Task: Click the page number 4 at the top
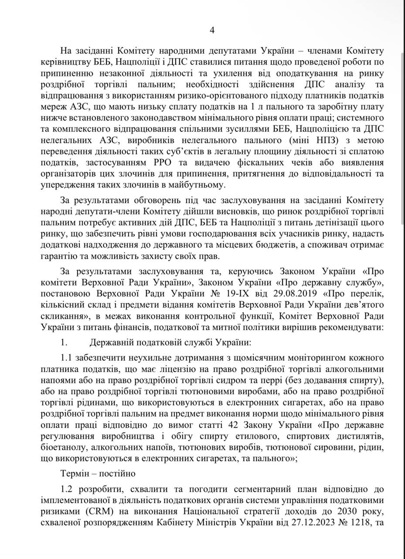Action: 212,30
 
